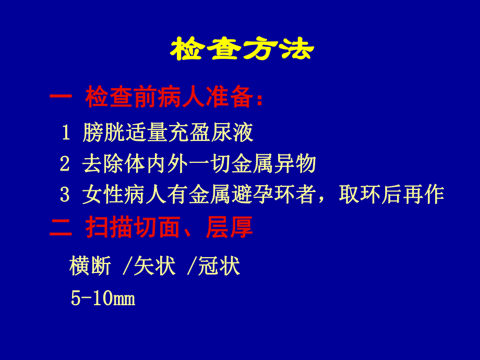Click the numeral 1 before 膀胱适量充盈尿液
tap(66, 134)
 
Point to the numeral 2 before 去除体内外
tap(65, 164)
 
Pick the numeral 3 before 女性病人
tap(65, 195)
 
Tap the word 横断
tap(90, 267)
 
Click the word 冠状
tap(219, 267)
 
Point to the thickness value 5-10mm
tap(103, 298)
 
